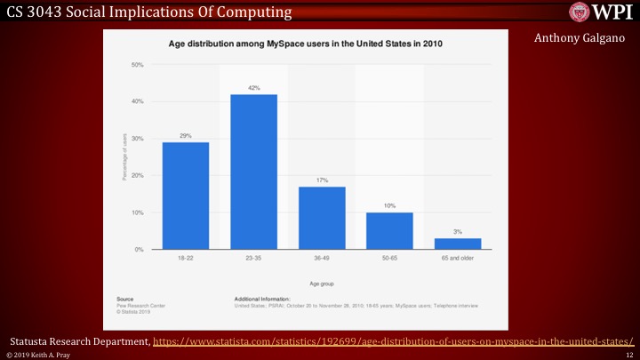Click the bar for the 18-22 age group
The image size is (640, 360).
click(x=185, y=196)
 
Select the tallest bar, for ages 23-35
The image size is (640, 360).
click(x=253, y=172)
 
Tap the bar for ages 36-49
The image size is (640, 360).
click(x=322, y=218)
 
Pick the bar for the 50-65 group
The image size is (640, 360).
click(x=389, y=231)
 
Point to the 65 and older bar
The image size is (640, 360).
click(x=458, y=244)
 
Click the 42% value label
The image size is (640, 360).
click(x=253, y=88)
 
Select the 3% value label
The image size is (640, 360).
click(x=458, y=232)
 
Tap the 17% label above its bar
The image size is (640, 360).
click(x=322, y=180)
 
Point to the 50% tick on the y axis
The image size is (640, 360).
click(x=138, y=65)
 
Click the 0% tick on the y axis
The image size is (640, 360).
click(x=140, y=250)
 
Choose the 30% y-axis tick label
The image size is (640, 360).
click(x=138, y=139)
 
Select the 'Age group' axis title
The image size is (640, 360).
click(x=322, y=282)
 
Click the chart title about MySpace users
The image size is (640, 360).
click(x=306, y=43)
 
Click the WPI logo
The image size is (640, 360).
click(x=604, y=12)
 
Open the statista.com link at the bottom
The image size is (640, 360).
click(x=395, y=340)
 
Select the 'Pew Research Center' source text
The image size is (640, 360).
click(x=139, y=305)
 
